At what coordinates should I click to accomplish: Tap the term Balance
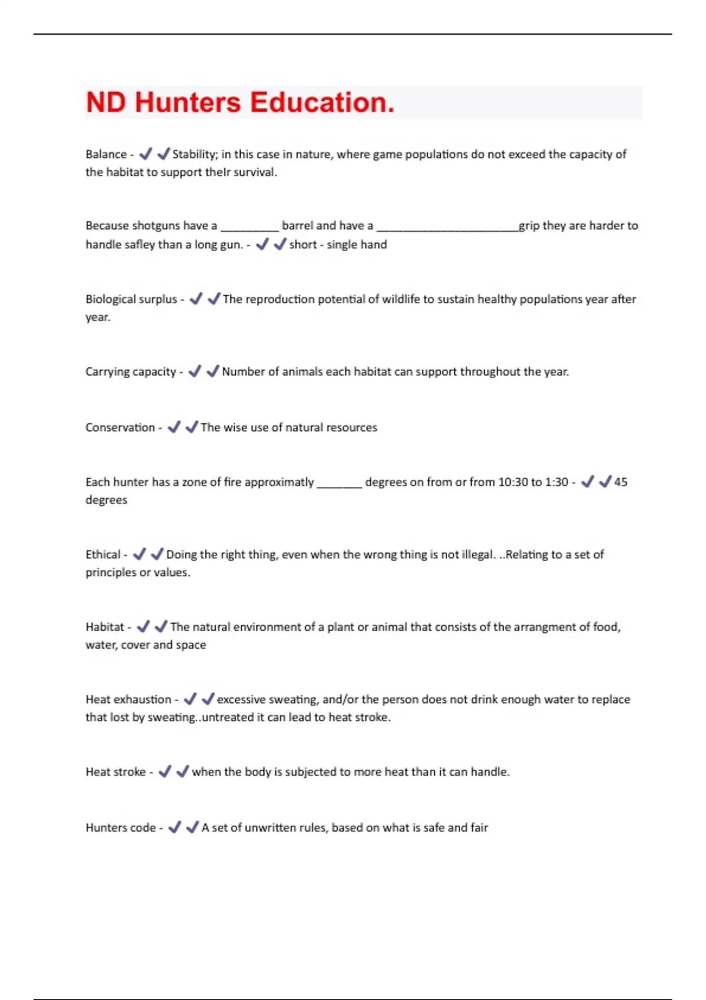pos(106,154)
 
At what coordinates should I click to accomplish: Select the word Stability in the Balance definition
pos(194,154)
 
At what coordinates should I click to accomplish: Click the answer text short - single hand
pos(338,245)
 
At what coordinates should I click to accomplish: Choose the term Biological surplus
pos(131,299)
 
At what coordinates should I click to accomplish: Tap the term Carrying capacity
pos(131,372)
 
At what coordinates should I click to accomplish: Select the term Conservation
pos(120,428)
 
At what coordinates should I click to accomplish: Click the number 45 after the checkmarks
pos(621,482)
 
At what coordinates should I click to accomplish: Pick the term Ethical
pos(103,555)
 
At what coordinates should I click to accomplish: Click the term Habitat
pos(105,627)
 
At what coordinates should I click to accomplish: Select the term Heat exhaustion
pos(128,699)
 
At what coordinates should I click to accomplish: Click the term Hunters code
pos(121,828)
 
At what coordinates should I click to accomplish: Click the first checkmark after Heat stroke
pos(165,771)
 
